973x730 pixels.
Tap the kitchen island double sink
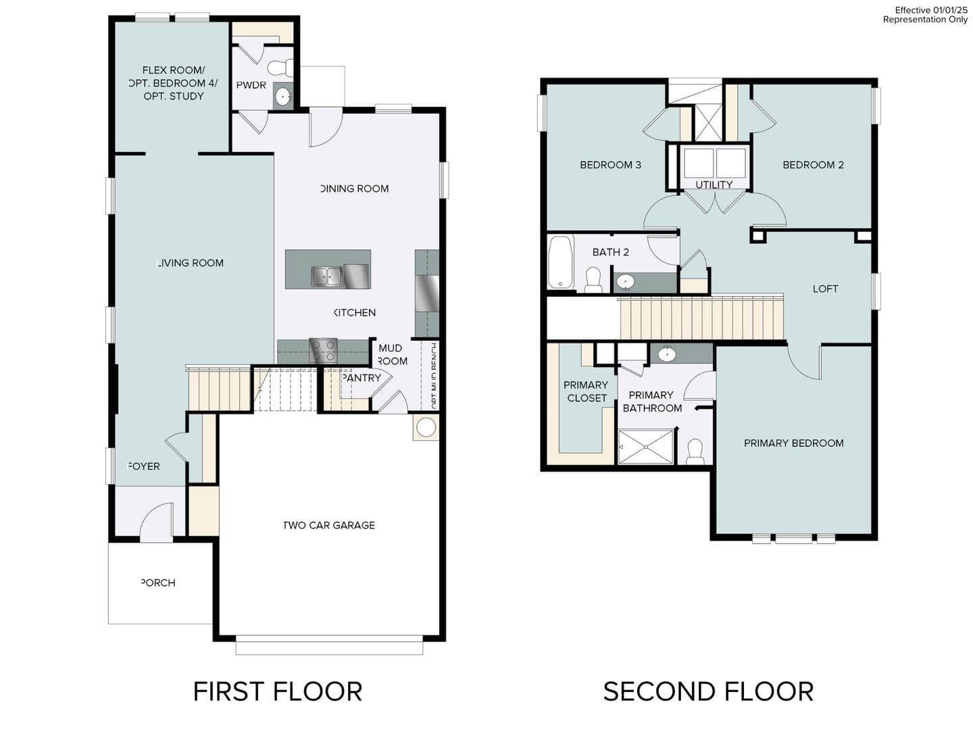point(327,276)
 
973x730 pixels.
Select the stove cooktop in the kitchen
point(323,351)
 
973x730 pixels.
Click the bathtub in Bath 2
point(560,262)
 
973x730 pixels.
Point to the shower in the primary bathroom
point(646,447)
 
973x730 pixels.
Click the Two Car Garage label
point(329,525)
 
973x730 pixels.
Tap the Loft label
point(825,289)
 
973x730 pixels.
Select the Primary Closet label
point(587,391)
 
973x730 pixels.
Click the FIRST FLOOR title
point(278,691)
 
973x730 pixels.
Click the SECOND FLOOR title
point(708,691)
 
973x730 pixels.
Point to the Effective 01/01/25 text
point(931,10)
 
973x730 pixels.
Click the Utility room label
point(714,185)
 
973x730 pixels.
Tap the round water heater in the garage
point(426,427)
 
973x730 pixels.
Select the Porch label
point(158,583)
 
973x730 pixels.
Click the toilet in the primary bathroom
point(695,451)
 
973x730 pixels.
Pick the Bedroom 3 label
point(610,165)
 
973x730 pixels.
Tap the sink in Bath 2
point(626,281)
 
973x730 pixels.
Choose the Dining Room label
point(355,189)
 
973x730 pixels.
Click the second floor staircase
point(701,318)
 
